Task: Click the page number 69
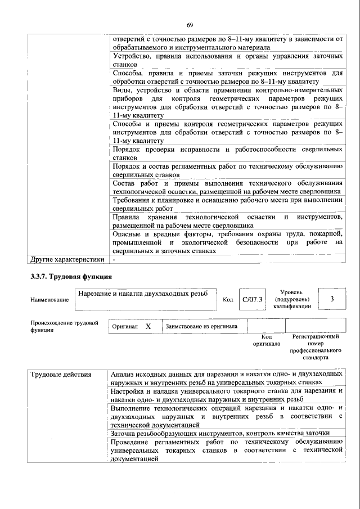pos(190,25)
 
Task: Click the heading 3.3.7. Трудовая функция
pos(71,277)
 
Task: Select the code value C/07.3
pos(252,299)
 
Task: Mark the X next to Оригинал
pos(148,326)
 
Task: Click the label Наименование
pos(50,300)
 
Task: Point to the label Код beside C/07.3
pos(228,300)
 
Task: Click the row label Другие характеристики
pos(67,260)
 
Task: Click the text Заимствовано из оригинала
pos(201,326)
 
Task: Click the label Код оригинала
pos(267,340)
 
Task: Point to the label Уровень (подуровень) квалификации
pos(292,299)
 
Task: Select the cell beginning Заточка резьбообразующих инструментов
pos(220,433)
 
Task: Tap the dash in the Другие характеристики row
pos(114,260)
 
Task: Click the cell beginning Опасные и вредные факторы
pos(227,242)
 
